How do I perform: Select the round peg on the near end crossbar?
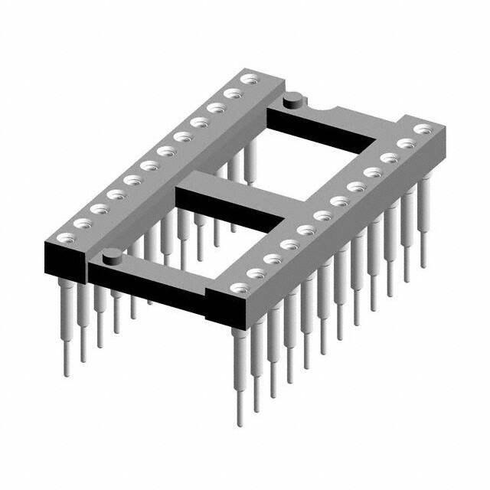click(112, 256)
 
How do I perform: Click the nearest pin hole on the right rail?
click(237, 288)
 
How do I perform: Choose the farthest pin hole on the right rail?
click(420, 129)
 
